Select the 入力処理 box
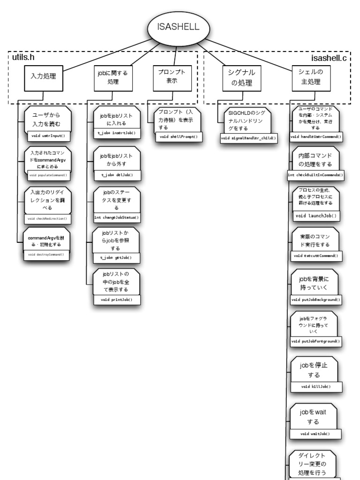pyautogui.click(x=43, y=75)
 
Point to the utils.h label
pyautogui.click(x=23, y=58)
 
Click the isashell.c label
pyautogui.click(x=329, y=58)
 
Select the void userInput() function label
pyautogui.click(x=48, y=136)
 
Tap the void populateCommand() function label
pyautogui.click(x=48, y=175)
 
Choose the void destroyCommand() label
pyautogui.click(x=46, y=255)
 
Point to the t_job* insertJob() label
pyautogui.click(x=116, y=134)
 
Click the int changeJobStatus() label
pyautogui.click(x=117, y=217)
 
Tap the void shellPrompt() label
pyautogui.click(x=178, y=137)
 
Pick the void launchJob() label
pyautogui.click(x=316, y=216)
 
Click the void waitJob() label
pyautogui.click(x=315, y=434)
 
